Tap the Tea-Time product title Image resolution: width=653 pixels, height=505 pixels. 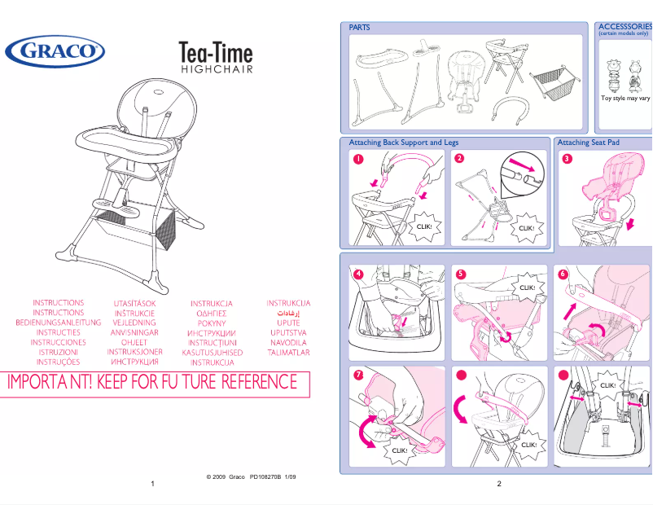click(x=216, y=54)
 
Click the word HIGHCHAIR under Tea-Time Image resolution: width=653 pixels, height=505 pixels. click(x=216, y=69)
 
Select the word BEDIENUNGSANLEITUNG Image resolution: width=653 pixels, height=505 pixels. click(x=59, y=323)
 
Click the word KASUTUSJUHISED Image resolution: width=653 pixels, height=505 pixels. click(x=213, y=353)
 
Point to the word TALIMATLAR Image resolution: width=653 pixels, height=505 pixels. click(x=288, y=353)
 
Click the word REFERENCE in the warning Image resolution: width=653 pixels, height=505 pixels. click(x=260, y=381)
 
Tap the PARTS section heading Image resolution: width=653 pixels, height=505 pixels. click(x=359, y=28)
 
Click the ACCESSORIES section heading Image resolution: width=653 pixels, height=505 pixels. click(x=625, y=27)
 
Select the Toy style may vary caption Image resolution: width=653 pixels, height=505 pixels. click(x=625, y=98)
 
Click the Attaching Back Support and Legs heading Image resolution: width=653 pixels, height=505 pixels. click(x=404, y=143)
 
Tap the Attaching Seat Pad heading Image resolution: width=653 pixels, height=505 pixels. click(x=589, y=143)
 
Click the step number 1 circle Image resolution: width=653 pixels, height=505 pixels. click(x=357, y=159)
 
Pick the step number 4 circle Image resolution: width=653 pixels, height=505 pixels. click(x=357, y=274)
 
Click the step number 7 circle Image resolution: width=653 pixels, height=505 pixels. click(x=357, y=375)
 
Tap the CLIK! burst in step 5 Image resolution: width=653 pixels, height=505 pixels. click(x=527, y=288)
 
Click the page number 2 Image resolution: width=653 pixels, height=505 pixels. click(x=498, y=484)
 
